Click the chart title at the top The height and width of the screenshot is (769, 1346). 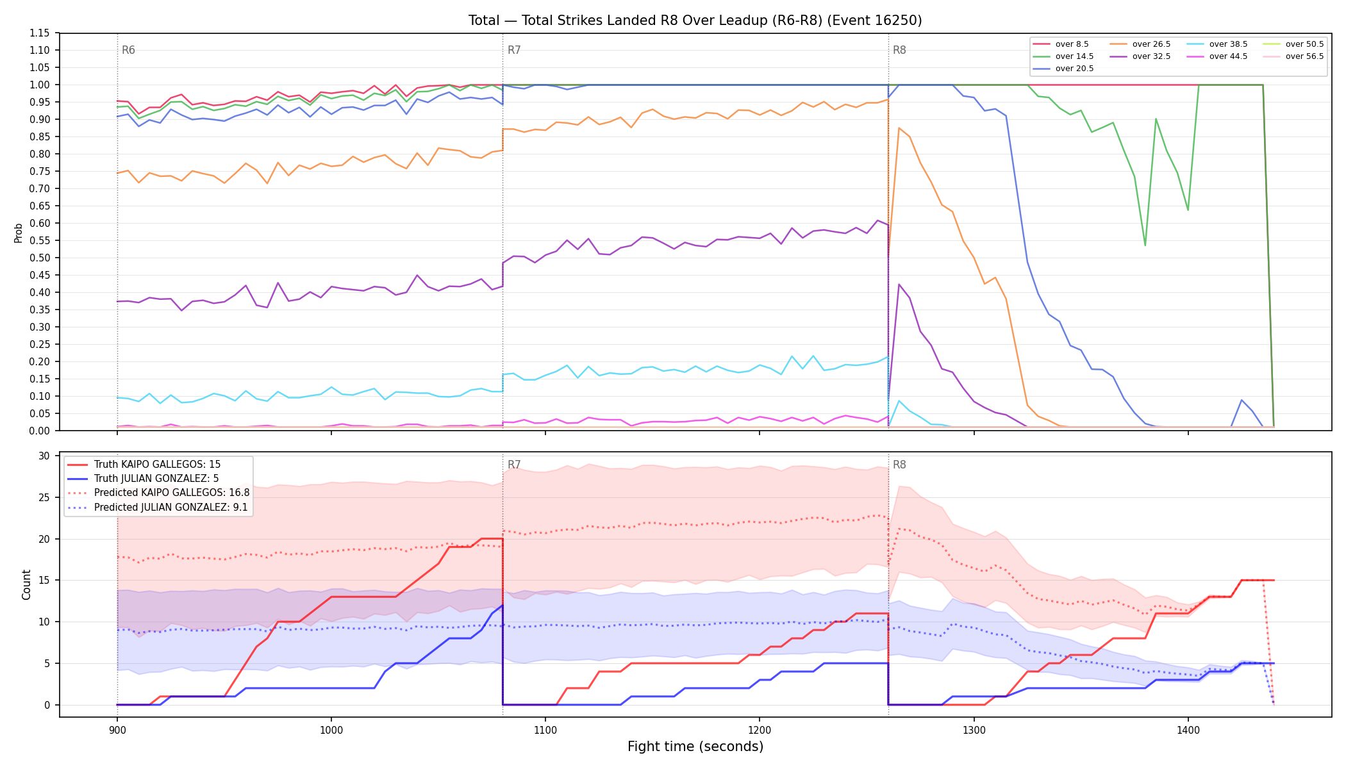pos(695,21)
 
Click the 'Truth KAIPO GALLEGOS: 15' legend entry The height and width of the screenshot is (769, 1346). pos(157,465)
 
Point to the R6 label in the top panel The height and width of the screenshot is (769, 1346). pos(128,50)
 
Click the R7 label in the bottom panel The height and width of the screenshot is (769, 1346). pos(514,465)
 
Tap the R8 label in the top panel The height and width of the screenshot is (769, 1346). pos(899,50)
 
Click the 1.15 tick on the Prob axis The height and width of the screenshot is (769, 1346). pos(40,33)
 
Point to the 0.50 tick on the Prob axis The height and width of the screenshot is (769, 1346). pos(40,258)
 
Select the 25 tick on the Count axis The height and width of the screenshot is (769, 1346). pos(44,497)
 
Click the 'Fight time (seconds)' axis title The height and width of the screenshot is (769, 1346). pos(695,747)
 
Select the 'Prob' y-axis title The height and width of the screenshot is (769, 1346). pos(19,233)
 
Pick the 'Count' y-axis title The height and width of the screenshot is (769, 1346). pos(26,584)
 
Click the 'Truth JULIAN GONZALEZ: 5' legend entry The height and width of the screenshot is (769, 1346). pos(156,479)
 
